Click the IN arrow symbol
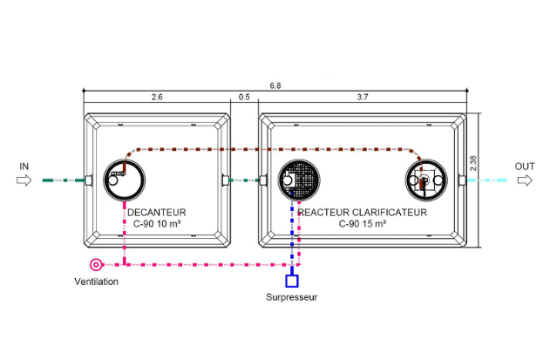click(x=24, y=180)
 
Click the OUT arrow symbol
click(x=525, y=180)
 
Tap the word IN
click(x=24, y=166)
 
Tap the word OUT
click(x=525, y=166)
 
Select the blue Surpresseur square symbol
click(x=292, y=281)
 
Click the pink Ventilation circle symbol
click(x=96, y=265)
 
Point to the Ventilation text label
click(x=96, y=282)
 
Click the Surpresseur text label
click(x=291, y=297)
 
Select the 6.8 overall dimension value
click(x=275, y=85)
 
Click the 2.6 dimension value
click(x=157, y=97)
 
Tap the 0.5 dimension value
click(x=244, y=97)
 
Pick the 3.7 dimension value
click(x=363, y=97)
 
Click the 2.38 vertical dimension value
click(x=473, y=163)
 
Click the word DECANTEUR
click(x=156, y=213)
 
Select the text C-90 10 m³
click(x=157, y=223)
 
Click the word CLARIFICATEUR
click(x=390, y=213)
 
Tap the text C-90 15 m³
click(x=363, y=223)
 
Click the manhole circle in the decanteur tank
click(x=124, y=160)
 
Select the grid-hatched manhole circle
click(x=299, y=160)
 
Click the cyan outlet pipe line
click(x=487, y=180)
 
